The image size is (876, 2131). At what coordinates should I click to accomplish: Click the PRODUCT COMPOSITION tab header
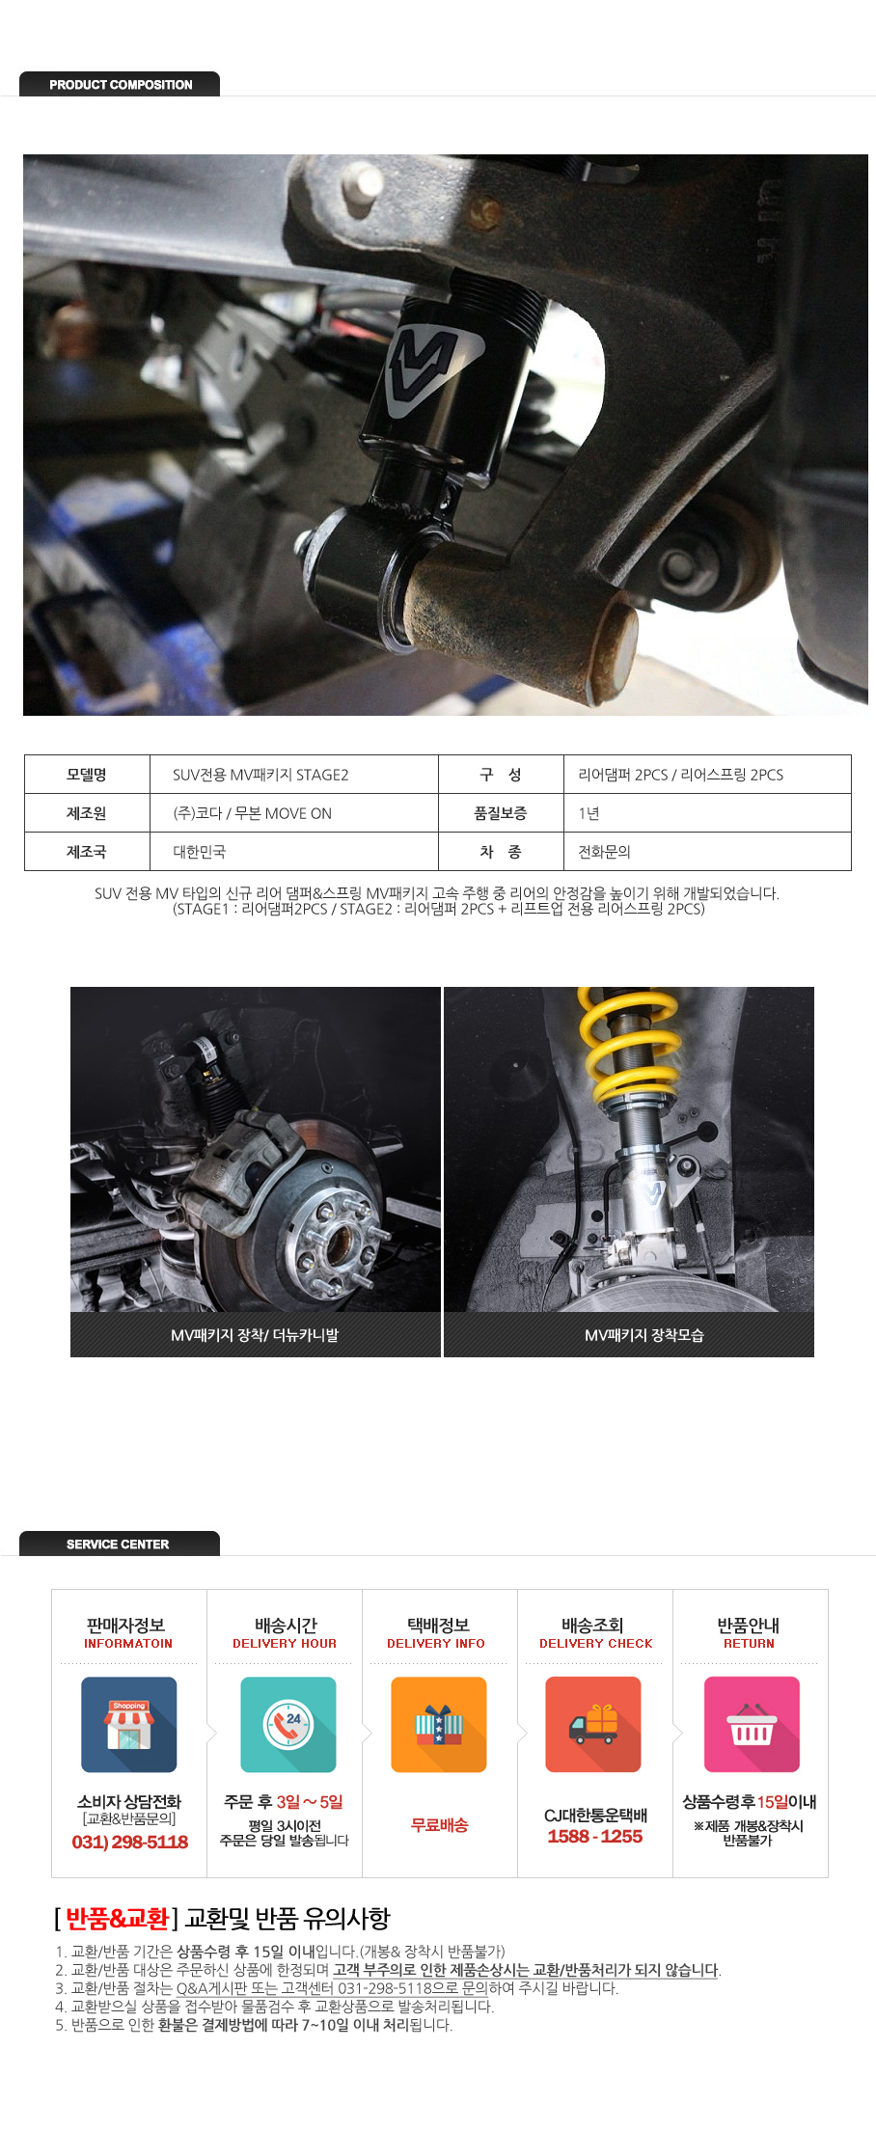120,84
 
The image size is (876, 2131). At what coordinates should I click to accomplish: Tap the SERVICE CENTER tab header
120,1544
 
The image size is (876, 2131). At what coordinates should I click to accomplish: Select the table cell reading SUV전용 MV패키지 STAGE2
294,775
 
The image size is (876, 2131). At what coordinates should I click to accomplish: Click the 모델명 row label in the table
87,775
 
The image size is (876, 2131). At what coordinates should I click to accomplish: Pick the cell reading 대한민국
294,852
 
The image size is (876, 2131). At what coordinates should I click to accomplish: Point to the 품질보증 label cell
501,813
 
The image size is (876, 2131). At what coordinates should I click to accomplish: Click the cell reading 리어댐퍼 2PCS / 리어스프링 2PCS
707,775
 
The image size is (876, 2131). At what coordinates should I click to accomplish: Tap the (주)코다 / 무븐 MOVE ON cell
294,813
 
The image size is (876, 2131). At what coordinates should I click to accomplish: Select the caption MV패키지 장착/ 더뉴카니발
255,1335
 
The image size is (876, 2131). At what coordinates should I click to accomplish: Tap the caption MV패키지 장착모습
644,1335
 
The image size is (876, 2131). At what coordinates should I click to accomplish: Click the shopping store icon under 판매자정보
129,1725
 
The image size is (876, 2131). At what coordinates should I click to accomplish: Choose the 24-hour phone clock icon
287,1725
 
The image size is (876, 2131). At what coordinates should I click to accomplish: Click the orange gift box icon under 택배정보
439,1725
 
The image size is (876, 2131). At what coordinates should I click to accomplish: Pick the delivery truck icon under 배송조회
593,1725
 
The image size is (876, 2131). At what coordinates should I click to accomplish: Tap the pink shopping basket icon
752,1725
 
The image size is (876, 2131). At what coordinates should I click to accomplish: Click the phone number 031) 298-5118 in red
130,1842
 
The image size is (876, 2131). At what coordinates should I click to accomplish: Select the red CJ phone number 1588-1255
595,1836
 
